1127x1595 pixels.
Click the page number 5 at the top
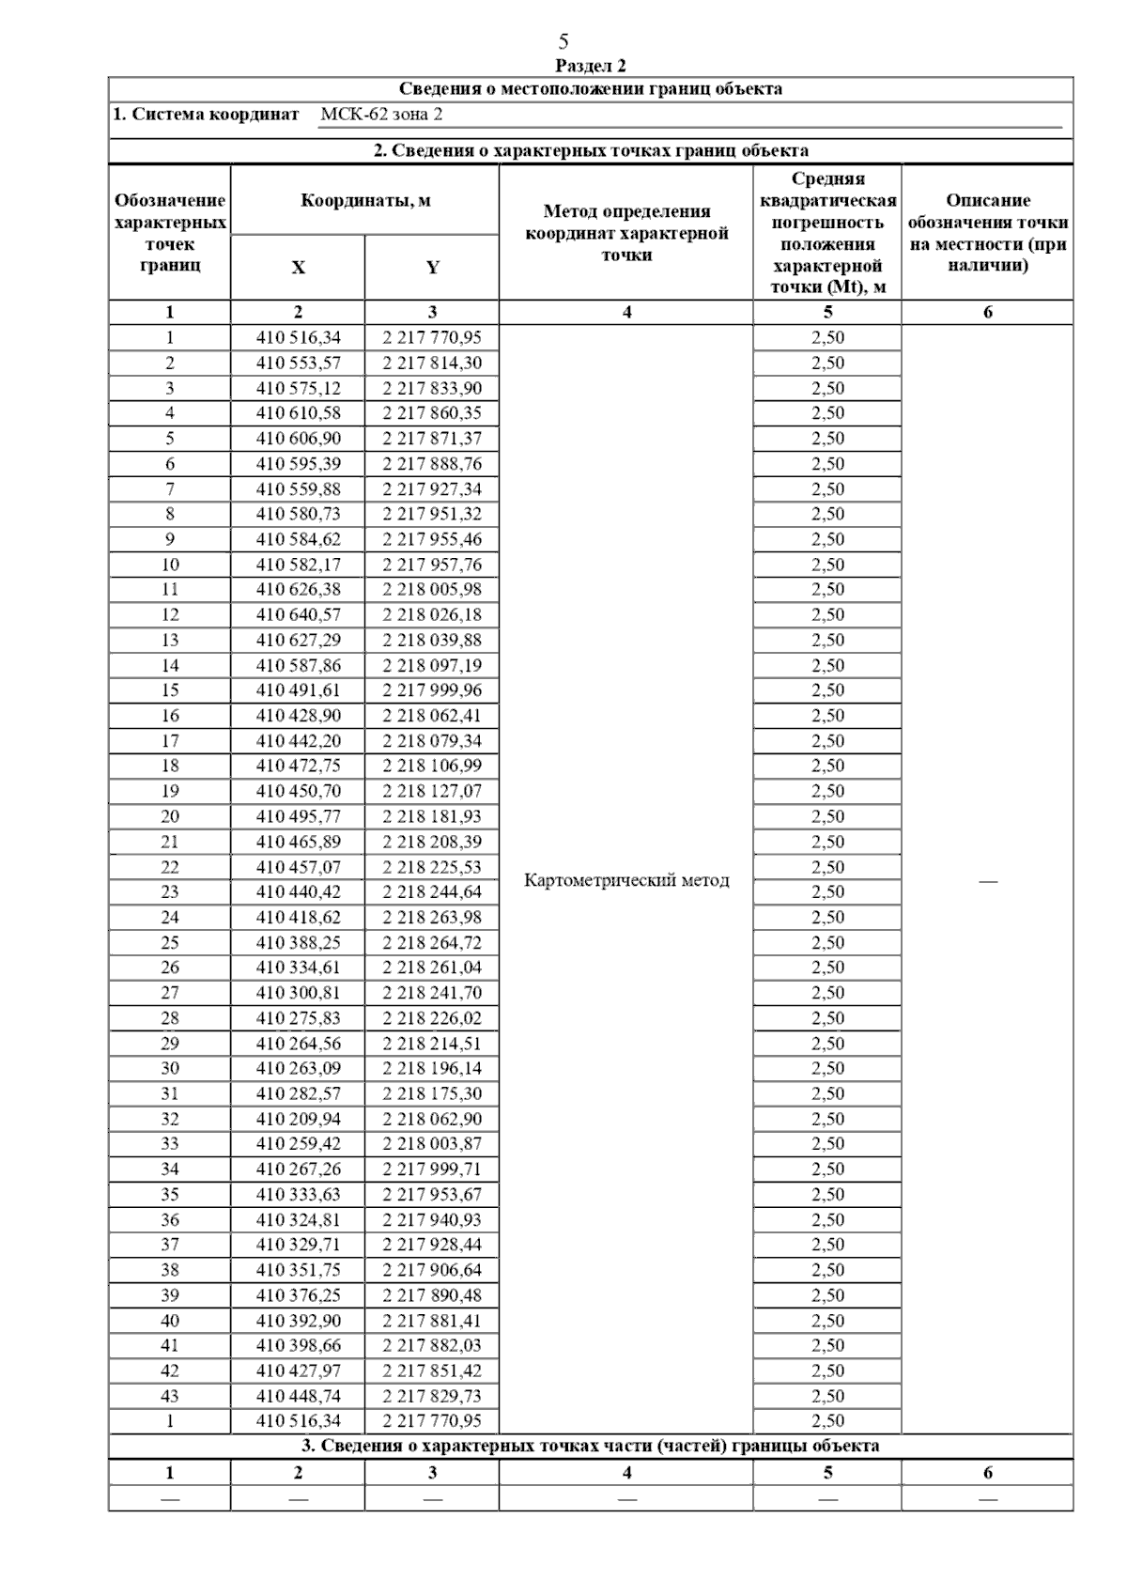point(563,41)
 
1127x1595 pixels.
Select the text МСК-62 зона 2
point(380,115)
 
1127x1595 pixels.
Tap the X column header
point(298,268)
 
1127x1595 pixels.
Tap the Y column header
point(432,268)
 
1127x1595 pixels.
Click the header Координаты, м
point(365,201)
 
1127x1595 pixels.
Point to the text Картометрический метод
point(626,880)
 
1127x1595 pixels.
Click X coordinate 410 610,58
point(299,413)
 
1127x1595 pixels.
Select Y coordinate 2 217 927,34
point(432,488)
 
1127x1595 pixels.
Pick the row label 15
point(170,690)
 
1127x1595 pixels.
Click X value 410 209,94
point(299,1119)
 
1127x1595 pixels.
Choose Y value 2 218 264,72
point(432,942)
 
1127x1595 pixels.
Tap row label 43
point(170,1396)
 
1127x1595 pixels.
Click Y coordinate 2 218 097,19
point(432,665)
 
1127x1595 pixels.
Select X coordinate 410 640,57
point(299,614)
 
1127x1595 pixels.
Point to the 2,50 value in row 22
point(827,867)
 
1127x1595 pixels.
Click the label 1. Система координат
point(206,115)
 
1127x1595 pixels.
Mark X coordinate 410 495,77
point(299,816)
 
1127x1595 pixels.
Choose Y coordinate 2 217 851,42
point(432,1370)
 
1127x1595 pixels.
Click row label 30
point(170,1068)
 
